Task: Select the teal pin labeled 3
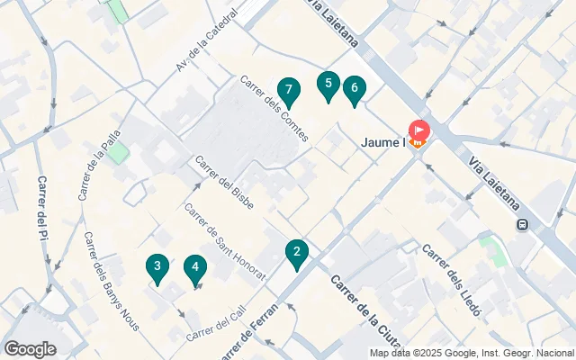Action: point(157,266)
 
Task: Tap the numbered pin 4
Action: point(194,267)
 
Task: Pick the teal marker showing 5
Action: point(328,85)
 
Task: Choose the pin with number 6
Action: point(355,88)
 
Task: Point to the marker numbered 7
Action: point(288,90)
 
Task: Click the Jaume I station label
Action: point(384,141)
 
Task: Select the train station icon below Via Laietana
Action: point(522,226)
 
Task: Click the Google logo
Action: point(30,349)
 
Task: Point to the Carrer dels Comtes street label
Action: point(274,109)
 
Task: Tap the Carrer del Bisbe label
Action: point(224,181)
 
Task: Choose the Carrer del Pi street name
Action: point(41,207)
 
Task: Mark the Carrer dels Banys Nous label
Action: point(110,281)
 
